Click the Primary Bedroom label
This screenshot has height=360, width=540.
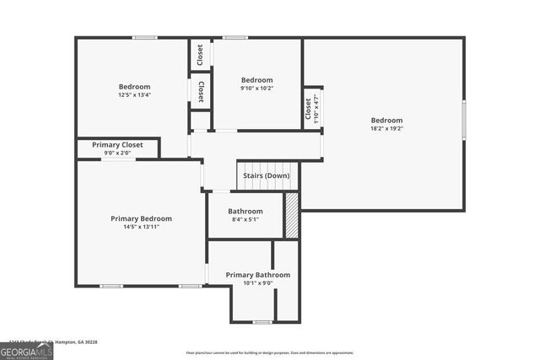pyautogui.click(x=141, y=218)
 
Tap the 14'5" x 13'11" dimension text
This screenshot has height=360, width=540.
pyautogui.click(x=141, y=227)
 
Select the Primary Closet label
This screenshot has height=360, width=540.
pyautogui.click(x=117, y=145)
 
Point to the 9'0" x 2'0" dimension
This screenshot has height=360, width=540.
pyautogui.click(x=117, y=153)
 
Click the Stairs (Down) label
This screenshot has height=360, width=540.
pyautogui.click(x=267, y=175)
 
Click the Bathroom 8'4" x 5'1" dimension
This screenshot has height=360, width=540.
pyautogui.click(x=245, y=219)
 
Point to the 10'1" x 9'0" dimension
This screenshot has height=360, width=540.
pyautogui.click(x=257, y=283)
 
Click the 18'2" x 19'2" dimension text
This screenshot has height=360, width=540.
pyautogui.click(x=386, y=129)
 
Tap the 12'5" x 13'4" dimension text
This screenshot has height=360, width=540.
pyautogui.click(x=134, y=95)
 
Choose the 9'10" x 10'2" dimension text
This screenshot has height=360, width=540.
pyautogui.click(x=256, y=88)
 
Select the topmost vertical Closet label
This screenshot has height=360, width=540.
pyautogui.click(x=200, y=56)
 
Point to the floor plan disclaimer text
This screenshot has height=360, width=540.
pyautogui.click(x=270, y=353)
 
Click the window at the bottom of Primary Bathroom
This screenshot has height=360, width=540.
pyautogui.click(x=262, y=322)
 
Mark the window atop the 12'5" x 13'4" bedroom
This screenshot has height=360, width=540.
pyautogui.click(x=144, y=37)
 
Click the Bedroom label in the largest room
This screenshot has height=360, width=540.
pyautogui.click(x=386, y=121)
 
